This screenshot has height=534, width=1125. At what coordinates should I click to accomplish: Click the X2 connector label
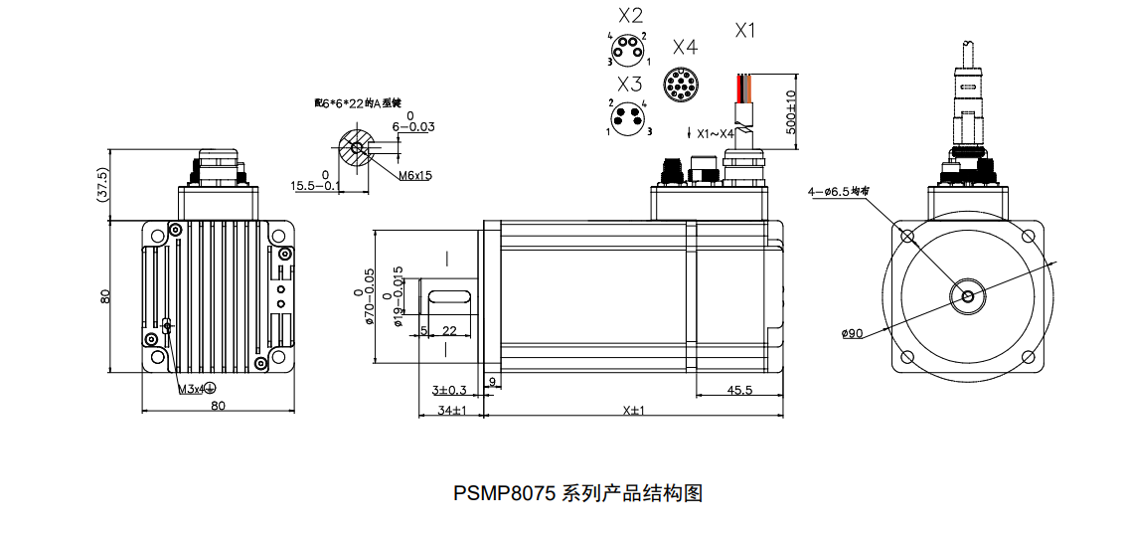pyautogui.click(x=630, y=16)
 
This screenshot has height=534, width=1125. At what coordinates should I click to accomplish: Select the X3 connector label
pyautogui.click(x=630, y=84)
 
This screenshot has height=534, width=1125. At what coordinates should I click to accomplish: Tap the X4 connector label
pyautogui.click(x=685, y=47)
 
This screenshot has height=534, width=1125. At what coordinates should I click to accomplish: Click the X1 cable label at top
pyautogui.click(x=745, y=31)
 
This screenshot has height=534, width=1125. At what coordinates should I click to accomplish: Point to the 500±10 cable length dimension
pyautogui.click(x=791, y=111)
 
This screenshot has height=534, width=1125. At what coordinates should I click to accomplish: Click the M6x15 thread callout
pyautogui.click(x=415, y=176)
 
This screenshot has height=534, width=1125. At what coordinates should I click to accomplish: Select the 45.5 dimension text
pyautogui.click(x=738, y=391)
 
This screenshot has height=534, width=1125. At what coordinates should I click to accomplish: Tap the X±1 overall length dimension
pyautogui.click(x=634, y=410)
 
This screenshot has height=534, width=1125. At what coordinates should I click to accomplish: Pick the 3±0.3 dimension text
pyautogui.click(x=450, y=391)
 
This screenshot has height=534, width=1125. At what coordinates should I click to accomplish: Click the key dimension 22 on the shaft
pyautogui.click(x=449, y=330)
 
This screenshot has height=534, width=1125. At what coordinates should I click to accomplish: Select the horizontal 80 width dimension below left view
pyautogui.click(x=218, y=405)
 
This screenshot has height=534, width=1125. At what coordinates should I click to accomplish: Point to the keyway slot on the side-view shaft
pyautogui.click(x=449, y=294)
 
